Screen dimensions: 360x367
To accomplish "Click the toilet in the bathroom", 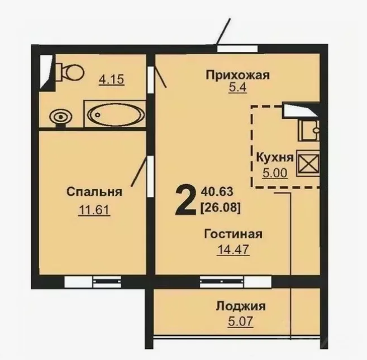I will (71, 71).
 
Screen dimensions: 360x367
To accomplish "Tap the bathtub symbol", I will (115, 115).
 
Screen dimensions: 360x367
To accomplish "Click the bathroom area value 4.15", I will (111, 79).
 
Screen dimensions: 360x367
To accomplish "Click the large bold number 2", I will (184, 201).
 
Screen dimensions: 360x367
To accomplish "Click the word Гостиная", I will (233, 234).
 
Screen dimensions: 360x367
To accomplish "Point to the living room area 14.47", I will (233, 249).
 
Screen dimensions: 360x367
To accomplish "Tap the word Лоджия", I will (240, 306).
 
